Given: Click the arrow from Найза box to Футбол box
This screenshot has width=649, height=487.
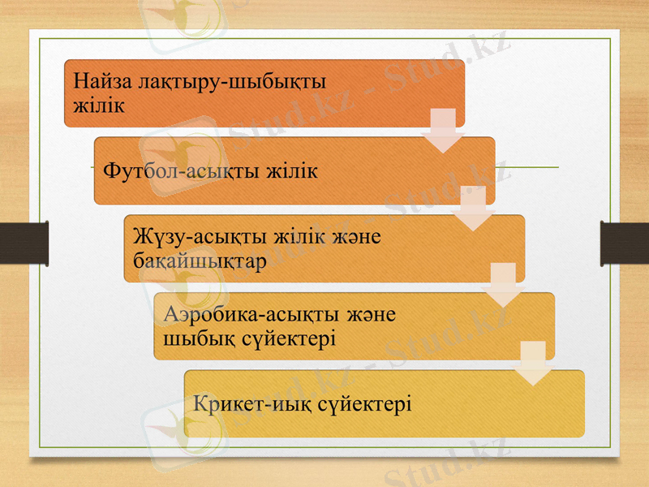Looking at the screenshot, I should (443, 130).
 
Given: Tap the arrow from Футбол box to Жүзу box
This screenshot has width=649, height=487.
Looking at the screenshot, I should (473, 208).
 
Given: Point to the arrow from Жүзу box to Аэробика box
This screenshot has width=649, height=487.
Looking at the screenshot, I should (504, 285).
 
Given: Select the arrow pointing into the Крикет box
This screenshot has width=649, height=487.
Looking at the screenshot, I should (534, 363).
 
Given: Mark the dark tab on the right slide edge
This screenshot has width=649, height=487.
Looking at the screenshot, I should (624, 243).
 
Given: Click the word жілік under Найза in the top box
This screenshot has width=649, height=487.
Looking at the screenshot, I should (98, 106).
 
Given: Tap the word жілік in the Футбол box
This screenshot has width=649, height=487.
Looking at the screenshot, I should (289, 172).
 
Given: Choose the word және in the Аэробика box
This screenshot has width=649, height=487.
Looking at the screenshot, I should (372, 313).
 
